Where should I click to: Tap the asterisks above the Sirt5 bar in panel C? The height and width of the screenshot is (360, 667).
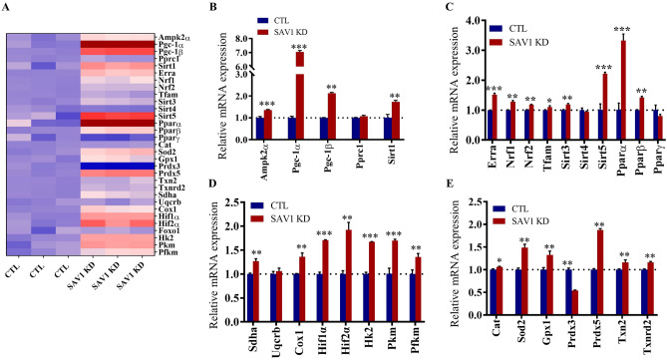(576, 69)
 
